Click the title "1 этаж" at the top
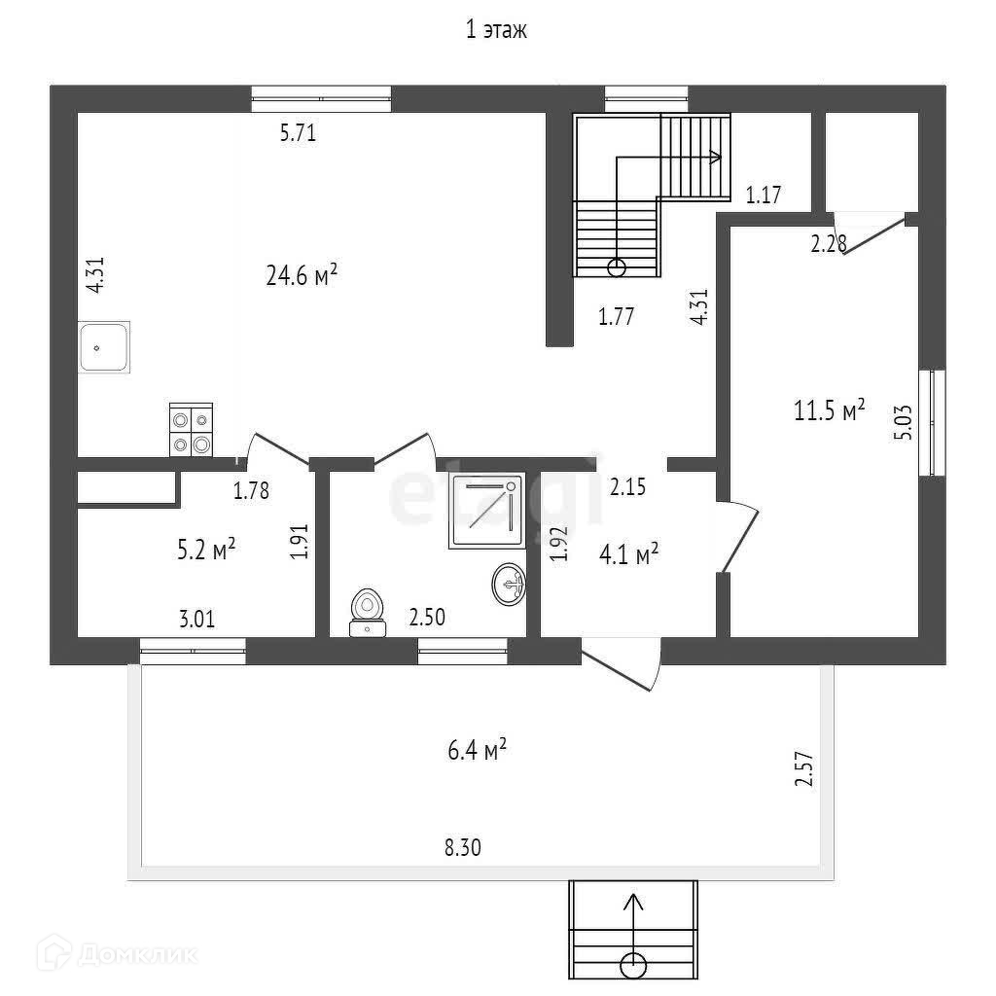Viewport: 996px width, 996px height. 496,31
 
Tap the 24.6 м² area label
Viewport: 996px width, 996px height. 302,276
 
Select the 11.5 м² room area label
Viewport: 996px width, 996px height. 830,410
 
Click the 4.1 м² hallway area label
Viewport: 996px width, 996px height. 629,554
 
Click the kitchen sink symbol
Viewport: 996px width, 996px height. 104,347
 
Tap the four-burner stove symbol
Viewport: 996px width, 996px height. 190,429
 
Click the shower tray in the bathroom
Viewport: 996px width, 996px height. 486,511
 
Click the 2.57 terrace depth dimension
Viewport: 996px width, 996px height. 802,768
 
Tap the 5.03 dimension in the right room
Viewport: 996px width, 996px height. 904,422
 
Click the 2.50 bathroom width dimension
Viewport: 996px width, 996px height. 428,617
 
